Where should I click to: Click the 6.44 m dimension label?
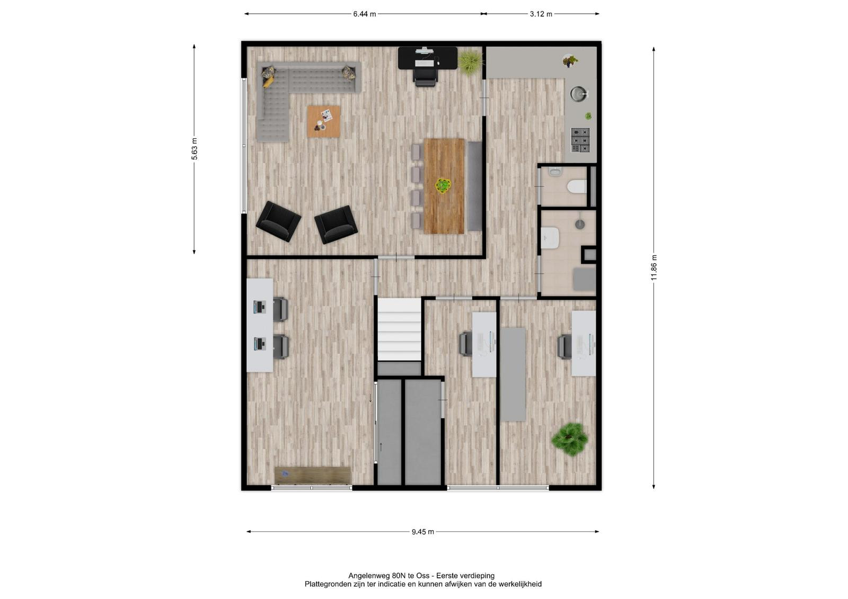click(x=364, y=14)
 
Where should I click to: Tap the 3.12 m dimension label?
click(x=541, y=14)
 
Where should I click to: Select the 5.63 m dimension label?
click(x=194, y=149)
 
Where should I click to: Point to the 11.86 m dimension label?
click(x=654, y=268)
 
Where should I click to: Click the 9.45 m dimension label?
click(x=423, y=532)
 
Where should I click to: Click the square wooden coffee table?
click(x=324, y=121)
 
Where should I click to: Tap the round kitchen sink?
click(x=579, y=94)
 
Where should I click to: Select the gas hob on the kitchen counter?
click(x=580, y=140)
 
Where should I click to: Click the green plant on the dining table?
click(x=443, y=186)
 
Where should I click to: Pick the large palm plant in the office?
click(x=570, y=439)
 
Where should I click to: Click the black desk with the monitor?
click(x=427, y=58)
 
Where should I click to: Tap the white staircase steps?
click(x=400, y=329)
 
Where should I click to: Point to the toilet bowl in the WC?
click(x=577, y=186)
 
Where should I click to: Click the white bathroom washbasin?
click(x=550, y=238)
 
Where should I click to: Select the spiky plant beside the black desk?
click(x=471, y=61)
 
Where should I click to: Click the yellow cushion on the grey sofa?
click(x=268, y=82)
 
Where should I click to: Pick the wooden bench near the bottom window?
click(x=313, y=476)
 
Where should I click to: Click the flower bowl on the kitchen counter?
click(x=569, y=60)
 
